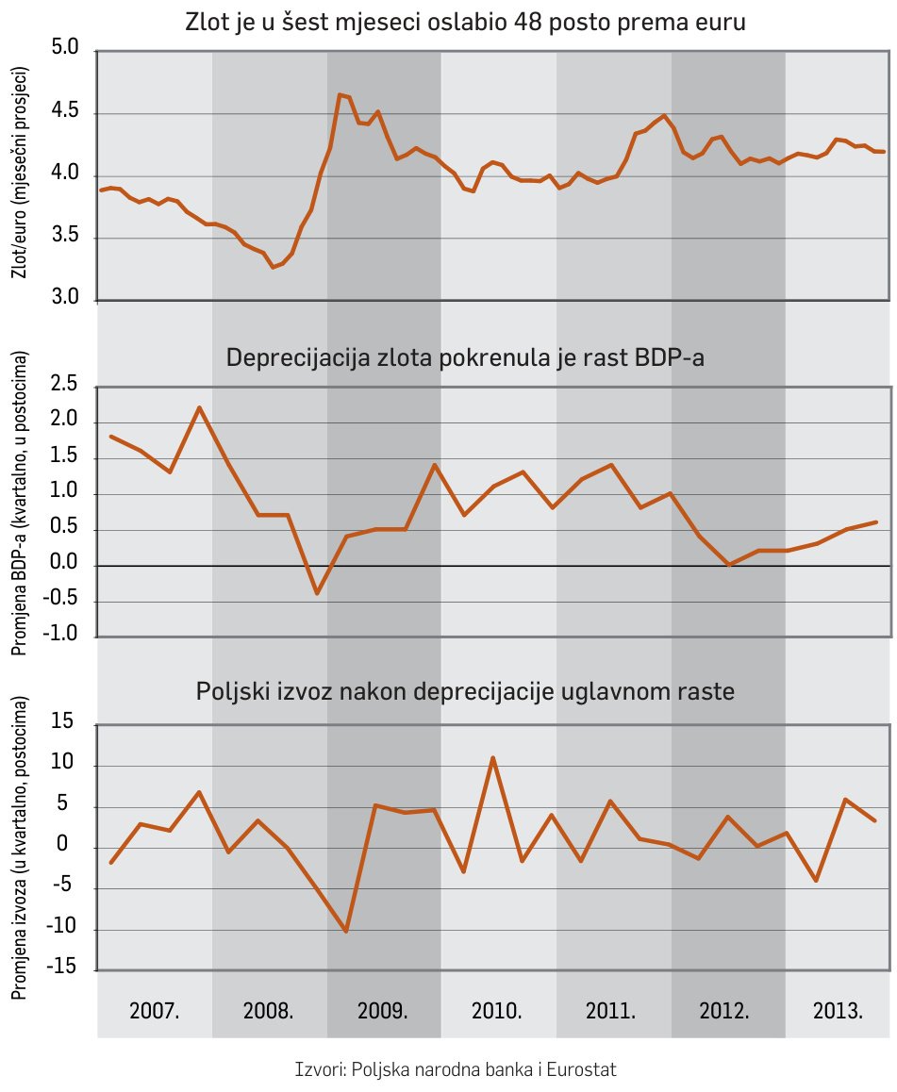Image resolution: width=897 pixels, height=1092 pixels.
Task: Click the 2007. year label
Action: tap(155, 1012)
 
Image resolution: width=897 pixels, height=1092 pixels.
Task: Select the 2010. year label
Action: tap(496, 1012)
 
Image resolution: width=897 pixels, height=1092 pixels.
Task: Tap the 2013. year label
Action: tap(838, 1012)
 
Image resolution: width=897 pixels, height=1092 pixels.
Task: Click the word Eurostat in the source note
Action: tap(582, 1069)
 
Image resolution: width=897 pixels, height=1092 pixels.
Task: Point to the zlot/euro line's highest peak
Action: tap(339, 94)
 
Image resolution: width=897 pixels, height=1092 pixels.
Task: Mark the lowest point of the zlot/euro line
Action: tap(273, 267)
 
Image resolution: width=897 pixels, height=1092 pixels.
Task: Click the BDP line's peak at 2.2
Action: tap(199, 407)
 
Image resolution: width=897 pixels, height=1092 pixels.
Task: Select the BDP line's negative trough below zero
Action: tap(317, 593)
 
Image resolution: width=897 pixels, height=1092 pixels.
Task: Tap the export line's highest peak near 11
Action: tap(492, 757)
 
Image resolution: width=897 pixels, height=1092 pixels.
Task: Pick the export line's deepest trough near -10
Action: tap(346, 931)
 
